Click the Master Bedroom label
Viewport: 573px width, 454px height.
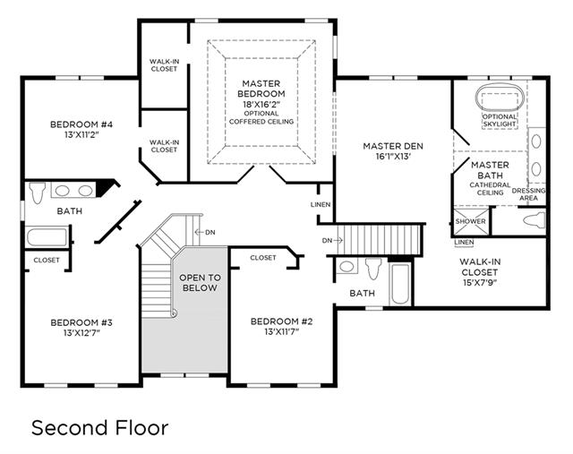(x=261, y=89)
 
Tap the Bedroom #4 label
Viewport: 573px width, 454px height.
(x=81, y=124)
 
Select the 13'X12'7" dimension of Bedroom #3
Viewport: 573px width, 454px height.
(x=81, y=333)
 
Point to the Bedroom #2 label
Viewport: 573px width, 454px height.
(x=281, y=321)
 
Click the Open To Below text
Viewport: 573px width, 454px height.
(x=200, y=283)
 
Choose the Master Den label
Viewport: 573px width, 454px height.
(x=393, y=146)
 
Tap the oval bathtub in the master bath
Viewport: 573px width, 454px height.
(x=500, y=98)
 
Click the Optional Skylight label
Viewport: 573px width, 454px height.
(x=500, y=121)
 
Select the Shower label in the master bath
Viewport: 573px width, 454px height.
(x=470, y=221)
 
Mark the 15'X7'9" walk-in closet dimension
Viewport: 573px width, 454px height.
(x=480, y=283)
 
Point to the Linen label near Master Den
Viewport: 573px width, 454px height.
(x=321, y=205)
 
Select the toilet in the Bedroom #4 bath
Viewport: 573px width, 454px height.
(x=37, y=193)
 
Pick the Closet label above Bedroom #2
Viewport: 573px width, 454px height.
(x=263, y=258)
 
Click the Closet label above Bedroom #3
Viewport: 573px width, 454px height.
(x=47, y=261)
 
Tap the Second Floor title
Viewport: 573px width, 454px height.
(x=99, y=428)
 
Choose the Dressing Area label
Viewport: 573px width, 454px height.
(x=529, y=194)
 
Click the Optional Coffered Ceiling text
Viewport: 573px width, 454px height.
(x=261, y=117)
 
